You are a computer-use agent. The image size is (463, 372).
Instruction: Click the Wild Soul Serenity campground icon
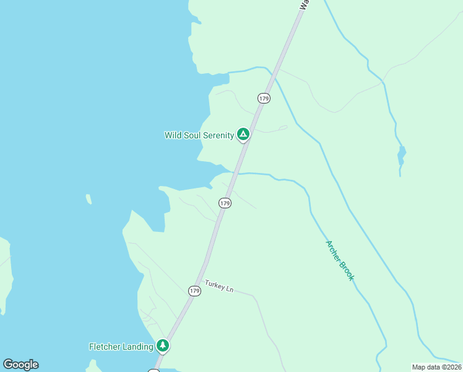click(243, 134)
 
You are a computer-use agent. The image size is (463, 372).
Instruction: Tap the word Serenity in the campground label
click(217, 135)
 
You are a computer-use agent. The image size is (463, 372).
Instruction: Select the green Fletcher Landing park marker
click(163, 345)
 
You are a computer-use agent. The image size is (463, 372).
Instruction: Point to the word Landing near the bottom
click(140, 347)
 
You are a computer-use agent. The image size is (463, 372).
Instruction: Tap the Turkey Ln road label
click(219, 288)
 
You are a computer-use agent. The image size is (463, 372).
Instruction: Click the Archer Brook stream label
click(339, 260)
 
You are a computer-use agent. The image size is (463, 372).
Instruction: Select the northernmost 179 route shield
click(264, 98)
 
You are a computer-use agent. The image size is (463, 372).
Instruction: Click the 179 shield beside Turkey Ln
click(194, 290)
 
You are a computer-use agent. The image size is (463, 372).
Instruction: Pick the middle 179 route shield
click(225, 203)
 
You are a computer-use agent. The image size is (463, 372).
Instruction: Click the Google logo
click(20, 365)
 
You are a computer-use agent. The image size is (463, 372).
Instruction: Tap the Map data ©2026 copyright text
click(436, 367)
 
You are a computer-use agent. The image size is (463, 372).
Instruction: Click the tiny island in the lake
click(89, 199)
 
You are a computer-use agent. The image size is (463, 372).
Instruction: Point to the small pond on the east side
click(402, 154)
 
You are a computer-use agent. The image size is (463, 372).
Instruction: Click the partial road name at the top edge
click(303, 5)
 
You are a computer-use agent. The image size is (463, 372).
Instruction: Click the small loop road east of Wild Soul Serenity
click(282, 128)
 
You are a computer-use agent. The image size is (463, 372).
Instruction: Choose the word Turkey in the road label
click(215, 286)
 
